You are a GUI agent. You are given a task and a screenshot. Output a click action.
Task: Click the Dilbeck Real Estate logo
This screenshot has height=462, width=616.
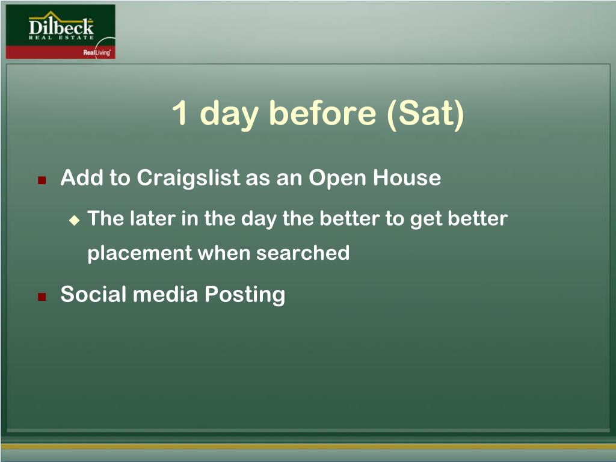[61, 31]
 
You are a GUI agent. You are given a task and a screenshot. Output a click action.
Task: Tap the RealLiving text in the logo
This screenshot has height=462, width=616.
[97, 53]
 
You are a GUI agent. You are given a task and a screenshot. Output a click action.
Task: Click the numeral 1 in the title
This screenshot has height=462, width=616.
[179, 112]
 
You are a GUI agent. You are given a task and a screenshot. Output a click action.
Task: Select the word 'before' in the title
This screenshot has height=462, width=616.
[322, 112]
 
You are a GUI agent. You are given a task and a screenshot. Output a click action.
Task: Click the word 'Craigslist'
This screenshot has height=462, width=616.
[188, 178]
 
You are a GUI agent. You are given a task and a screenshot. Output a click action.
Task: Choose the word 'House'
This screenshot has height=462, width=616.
[407, 177]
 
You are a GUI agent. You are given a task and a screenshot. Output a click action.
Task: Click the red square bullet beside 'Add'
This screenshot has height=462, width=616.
[42, 180]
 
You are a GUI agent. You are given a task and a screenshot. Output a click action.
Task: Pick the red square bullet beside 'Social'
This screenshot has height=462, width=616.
[42, 297]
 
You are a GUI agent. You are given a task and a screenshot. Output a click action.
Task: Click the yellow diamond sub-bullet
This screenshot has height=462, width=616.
[74, 220]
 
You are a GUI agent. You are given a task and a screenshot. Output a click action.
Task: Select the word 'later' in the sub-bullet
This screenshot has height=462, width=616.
[152, 218]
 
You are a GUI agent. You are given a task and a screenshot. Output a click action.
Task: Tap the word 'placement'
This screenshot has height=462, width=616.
[140, 253]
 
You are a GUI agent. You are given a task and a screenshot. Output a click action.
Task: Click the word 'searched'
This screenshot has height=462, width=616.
[303, 253]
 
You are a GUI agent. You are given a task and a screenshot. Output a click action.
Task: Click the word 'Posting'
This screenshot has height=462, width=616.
[245, 295]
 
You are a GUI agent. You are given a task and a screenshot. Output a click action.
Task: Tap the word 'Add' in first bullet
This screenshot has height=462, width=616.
[82, 177]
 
